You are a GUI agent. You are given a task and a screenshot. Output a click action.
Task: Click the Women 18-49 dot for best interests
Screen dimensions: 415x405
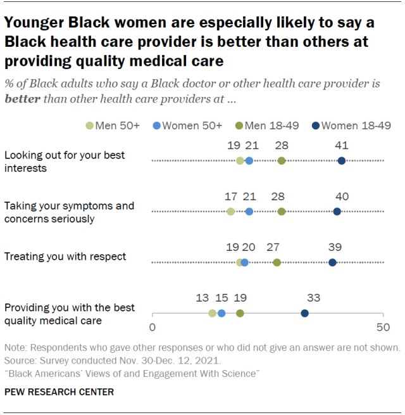[342, 161]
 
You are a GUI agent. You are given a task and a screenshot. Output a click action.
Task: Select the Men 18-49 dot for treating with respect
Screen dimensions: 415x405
[277, 262]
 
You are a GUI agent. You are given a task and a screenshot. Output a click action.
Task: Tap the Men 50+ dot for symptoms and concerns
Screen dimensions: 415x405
[230, 212]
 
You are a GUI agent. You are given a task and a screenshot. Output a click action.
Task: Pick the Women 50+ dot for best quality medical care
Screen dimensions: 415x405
[221, 313]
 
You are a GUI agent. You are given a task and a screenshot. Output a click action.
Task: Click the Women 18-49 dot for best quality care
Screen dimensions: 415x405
[304, 313]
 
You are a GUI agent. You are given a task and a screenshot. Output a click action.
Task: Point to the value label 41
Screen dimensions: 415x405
[342, 146]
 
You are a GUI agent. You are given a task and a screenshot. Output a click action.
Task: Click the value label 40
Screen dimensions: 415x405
[342, 197]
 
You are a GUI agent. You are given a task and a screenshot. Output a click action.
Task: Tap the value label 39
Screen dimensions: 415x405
[334, 248]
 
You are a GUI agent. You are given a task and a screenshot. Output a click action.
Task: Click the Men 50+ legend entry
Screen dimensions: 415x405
[113, 125]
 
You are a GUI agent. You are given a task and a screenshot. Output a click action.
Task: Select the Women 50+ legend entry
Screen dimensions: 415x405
[187, 125]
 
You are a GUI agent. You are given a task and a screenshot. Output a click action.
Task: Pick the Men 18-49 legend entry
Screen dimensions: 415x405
[266, 125]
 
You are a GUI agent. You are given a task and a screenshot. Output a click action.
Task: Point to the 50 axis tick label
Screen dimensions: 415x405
[382, 328]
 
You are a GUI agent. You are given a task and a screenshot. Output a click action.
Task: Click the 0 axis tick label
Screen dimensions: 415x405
[152, 328]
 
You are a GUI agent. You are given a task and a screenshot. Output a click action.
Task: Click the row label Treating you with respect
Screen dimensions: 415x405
[65, 257]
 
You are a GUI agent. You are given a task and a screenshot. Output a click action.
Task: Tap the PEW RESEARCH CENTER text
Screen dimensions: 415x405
[59, 392]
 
